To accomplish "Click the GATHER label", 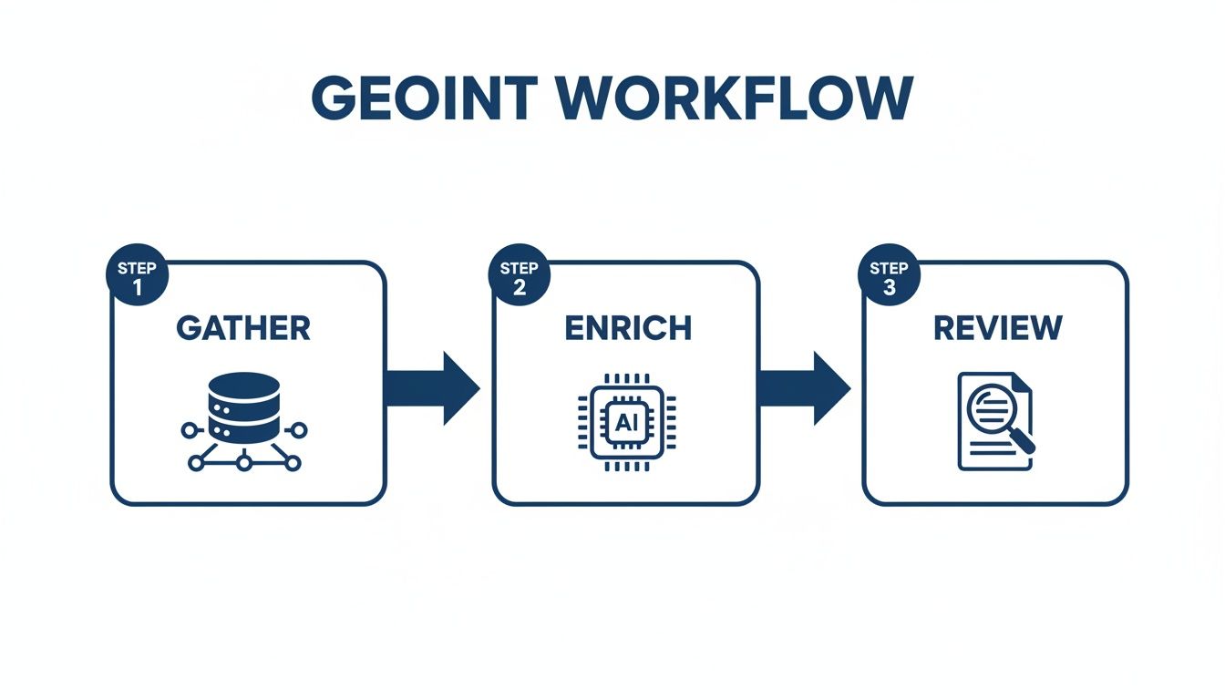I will pos(243,328).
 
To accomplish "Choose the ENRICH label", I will pos(627,328).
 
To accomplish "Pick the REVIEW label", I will pos(998,328).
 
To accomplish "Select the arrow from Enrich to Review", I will pos(803,388).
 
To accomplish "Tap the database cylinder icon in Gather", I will pos(242,407).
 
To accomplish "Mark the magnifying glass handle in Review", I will pos(1024,442).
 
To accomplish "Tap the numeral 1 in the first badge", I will pos(137,288).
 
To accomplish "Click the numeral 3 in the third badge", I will pos(888,288).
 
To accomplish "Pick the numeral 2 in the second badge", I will pos(519,288).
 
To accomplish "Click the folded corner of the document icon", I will pos(1022,383).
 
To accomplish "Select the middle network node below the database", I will pos(243,463).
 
